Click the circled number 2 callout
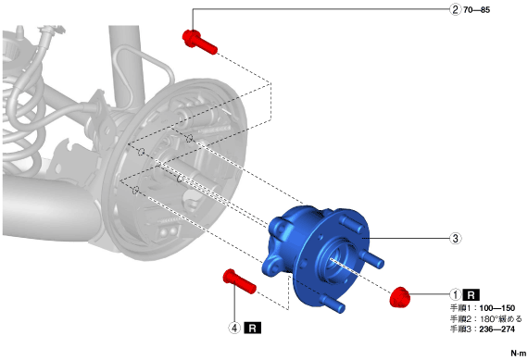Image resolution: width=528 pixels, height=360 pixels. (x=455, y=9)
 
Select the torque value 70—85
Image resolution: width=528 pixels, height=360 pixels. (x=476, y=10)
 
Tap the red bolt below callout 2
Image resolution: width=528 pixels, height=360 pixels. (x=199, y=42)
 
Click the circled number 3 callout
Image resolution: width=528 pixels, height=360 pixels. (x=455, y=239)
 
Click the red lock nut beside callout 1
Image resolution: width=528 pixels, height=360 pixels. (x=399, y=297)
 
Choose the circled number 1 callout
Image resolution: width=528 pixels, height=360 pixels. (x=455, y=295)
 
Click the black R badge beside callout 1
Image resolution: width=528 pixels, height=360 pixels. (x=471, y=295)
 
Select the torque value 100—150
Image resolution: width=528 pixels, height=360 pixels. (x=497, y=308)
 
